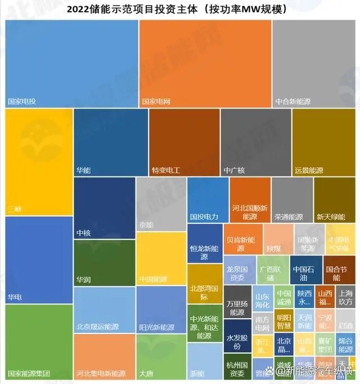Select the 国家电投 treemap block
coord(71,64)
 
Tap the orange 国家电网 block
coord(205,64)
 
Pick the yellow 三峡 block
coord(39,162)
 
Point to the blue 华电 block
coord(39,259)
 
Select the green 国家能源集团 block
coord(39,341)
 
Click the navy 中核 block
coord(105,208)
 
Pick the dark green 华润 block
coord(105,263)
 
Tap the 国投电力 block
coord(208,200)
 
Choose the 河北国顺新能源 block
coord(250,200)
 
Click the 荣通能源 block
coord(292,200)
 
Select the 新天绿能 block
coord(335,200)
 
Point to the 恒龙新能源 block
coord(205,243)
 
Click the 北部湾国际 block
coord(205,283)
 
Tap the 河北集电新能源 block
coord(104,356)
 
